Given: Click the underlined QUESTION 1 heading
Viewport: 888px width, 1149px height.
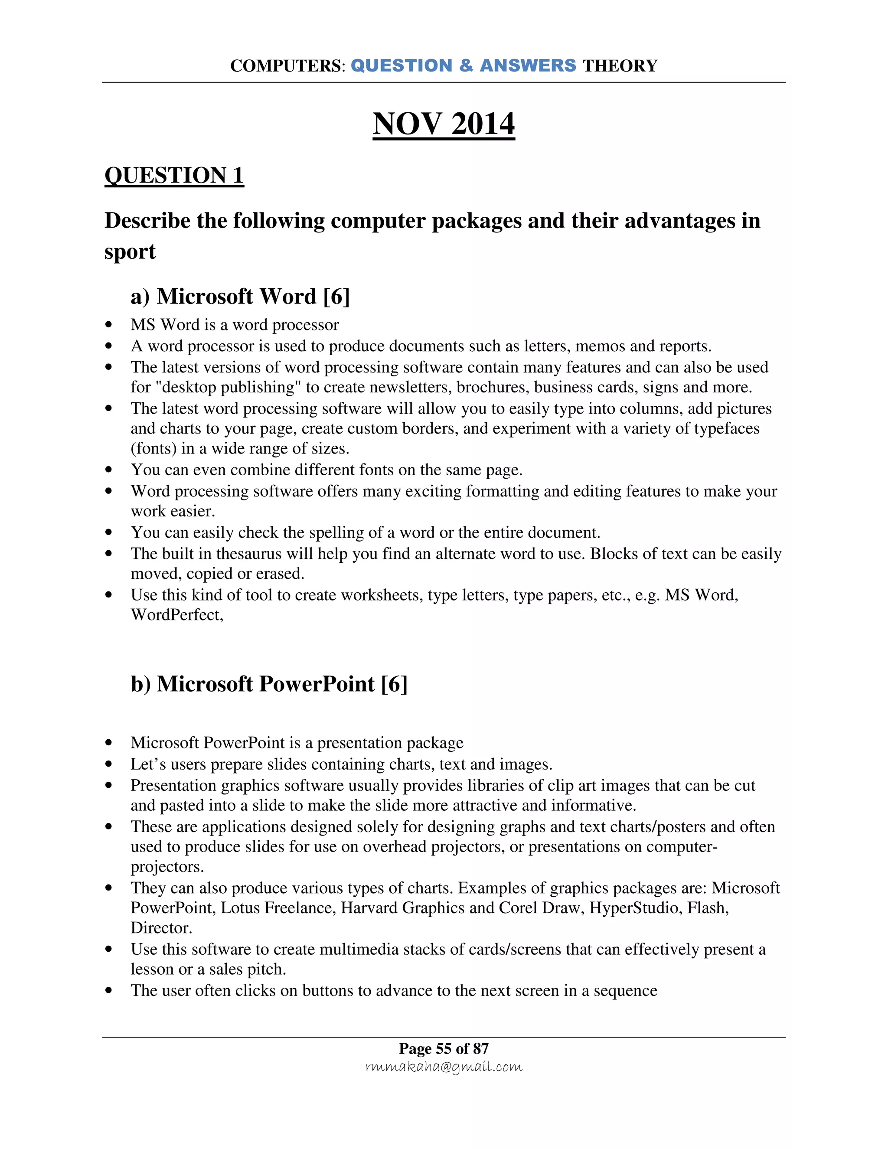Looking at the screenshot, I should pyautogui.click(x=174, y=175).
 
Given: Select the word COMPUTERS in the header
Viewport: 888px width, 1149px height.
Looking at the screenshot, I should pyautogui.click(x=286, y=66).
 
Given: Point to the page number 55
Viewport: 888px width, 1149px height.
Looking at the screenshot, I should pyautogui.click(x=444, y=1048).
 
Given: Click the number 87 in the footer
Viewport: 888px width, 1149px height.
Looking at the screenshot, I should pyautogui.click(x=481, y=1048).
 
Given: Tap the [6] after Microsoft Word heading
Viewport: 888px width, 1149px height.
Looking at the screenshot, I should pyautogui.click(x=336, y=296).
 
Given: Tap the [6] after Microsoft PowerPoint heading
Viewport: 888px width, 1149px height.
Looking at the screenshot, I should pyautogui.click(x=394, y=684).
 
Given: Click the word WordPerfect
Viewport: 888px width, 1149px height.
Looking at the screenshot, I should pyautogui.click(x=177, y=614).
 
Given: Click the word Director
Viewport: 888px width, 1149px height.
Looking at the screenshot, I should pyautogui.click(x=161, y=927).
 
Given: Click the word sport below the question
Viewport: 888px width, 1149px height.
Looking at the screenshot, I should pyautogui.click(x=130, y=251).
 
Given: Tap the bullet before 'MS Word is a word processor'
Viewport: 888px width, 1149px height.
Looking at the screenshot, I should pyautogui.click(x=109, y=325).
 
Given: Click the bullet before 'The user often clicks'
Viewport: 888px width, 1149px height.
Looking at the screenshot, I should pyautogui.click(x=109, y=991).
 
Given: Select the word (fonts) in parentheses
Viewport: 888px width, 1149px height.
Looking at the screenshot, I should pyautogui.click(x=153, y=448).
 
